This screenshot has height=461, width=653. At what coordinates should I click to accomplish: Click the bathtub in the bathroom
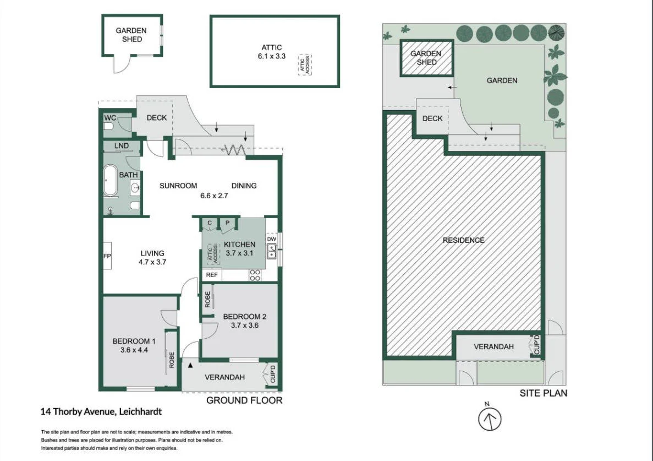[x=110, y=180]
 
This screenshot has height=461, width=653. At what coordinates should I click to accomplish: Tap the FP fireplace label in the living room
[x=107, y=256]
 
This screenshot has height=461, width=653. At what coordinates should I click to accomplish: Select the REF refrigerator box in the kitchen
[x=212, y=275]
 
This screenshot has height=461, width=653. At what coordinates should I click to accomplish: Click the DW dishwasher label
[x=271, y=239]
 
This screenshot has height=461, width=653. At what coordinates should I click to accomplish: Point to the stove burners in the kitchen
[x=255, y=275]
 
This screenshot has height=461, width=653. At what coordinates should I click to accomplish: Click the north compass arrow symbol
[x=490, y=419]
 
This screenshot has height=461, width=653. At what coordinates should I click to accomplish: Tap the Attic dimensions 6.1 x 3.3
[x=272, y=56]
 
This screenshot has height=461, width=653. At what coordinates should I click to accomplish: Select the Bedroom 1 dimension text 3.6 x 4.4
[x=134, y=350]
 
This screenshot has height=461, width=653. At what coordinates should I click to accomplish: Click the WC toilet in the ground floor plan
[x=108, y=126]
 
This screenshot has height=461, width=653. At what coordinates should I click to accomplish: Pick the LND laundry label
[x=121, y=145]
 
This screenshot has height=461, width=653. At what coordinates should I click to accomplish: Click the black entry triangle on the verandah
[x=190, y=365]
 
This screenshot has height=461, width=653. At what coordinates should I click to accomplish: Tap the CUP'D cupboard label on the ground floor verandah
[x=273, y=374]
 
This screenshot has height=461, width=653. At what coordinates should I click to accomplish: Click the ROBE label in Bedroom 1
[x=172, y=360]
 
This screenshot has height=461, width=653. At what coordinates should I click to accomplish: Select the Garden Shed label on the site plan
[x=426, y=58]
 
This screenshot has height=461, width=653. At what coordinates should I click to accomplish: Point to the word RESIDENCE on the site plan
[x=464, y=240]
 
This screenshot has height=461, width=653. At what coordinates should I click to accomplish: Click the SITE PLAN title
[x=543, y=393]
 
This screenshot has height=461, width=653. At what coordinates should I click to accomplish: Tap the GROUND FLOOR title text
[x=244, y=400]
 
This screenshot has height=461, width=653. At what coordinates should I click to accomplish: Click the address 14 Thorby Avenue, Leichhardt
[x=101, y=412]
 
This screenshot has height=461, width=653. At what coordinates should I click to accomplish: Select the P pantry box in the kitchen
[x=227, y=223]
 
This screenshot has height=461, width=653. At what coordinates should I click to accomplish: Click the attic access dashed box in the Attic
[x=305, y=64]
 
